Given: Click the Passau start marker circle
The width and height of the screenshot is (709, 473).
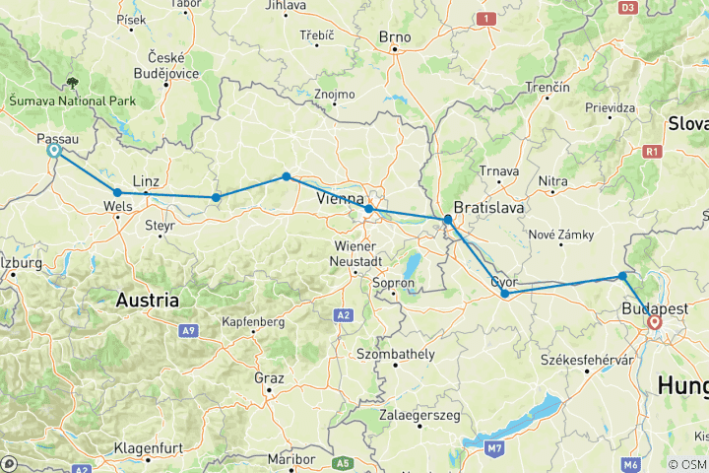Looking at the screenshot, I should (54, 151).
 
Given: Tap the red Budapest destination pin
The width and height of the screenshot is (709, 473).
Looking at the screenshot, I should (655, 321).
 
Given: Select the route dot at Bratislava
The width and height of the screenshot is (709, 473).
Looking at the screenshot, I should (448, 220).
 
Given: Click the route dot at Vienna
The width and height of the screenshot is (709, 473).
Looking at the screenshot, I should (368, 209).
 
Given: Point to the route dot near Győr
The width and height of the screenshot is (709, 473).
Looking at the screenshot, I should (504, 293).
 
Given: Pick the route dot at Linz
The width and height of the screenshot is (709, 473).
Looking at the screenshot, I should (117, 192).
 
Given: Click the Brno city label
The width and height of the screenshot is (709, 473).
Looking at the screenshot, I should (394, 37).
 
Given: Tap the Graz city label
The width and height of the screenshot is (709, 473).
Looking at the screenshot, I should (268, 377).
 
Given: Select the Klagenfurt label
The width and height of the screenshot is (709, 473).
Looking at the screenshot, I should (145, 448).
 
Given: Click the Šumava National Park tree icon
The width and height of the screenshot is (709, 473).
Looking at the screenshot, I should (72, 84).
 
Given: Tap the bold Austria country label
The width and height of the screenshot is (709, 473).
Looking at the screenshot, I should (148, 300).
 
